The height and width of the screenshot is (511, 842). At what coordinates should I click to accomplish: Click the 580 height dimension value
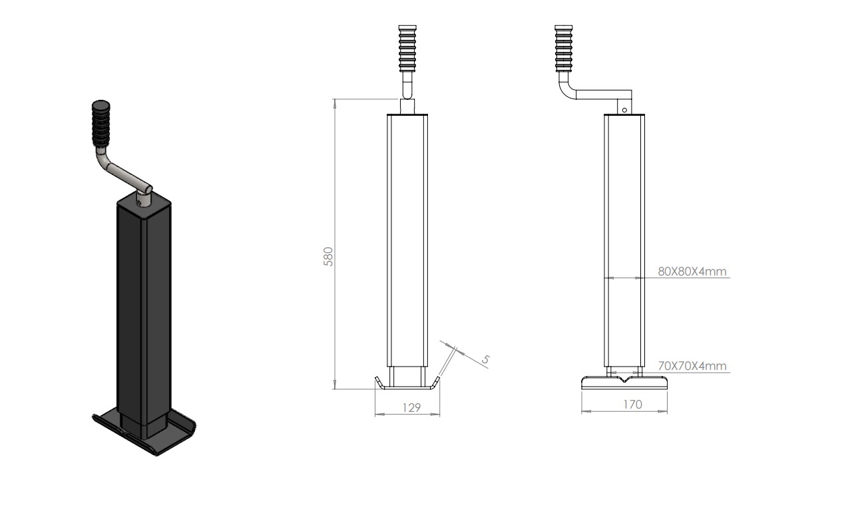pos(329,257)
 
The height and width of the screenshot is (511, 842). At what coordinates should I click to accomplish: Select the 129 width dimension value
pos(411,408)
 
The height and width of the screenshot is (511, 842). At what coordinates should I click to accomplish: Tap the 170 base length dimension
pos(632,405)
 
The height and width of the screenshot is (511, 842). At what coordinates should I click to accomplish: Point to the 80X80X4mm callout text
pos(692,271)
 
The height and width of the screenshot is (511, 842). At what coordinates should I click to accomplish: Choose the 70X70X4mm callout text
pos(692,365)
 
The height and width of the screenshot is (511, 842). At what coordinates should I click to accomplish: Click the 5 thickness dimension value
pos(485,359)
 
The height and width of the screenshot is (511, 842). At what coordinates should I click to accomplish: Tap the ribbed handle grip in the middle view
pos(407,49)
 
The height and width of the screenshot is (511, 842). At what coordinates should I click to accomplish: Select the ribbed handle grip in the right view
pos(564,49)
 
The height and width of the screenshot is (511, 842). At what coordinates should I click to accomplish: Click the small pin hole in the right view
pos(624,110)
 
